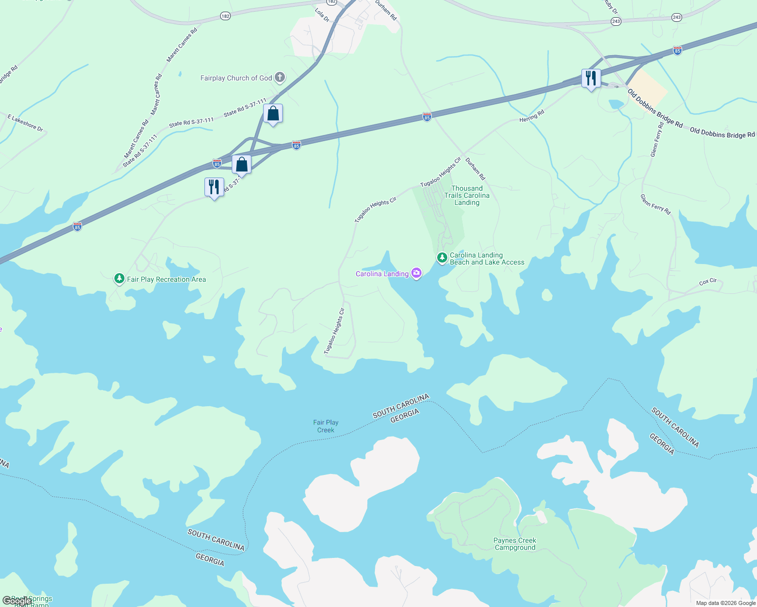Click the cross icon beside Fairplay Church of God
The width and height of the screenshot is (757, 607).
tap(280, 78)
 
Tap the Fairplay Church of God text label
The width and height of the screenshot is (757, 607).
tap(236, 78)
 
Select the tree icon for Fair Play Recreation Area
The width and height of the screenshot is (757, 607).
tap(119, 279)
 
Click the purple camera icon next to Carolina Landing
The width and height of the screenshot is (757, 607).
tap(416, 274)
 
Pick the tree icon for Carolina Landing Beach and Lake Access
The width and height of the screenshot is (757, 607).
tap(442, 258)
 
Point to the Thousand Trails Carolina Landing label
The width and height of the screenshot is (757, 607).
tap(467, 195)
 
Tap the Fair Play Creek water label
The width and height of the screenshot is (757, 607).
tap(326, 426)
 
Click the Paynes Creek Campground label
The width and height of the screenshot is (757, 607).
tap(515, 544)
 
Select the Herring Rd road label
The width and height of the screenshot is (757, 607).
tap(532, 116)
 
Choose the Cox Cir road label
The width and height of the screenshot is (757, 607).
tap(708, 281)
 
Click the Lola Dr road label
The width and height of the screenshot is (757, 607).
tap(322, 15)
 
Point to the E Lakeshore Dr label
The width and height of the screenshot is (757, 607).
tap(25, 123)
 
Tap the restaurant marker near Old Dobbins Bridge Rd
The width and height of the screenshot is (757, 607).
tap(591, 79)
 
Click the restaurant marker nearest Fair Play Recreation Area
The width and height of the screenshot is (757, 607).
tap(214, 187)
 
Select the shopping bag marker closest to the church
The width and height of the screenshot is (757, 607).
tap(273, 114)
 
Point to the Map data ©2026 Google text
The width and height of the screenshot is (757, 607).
tap(726, 603)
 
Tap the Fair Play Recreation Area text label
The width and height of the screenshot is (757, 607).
tap(166, 279)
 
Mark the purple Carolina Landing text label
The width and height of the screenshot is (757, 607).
tap(382, 274)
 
